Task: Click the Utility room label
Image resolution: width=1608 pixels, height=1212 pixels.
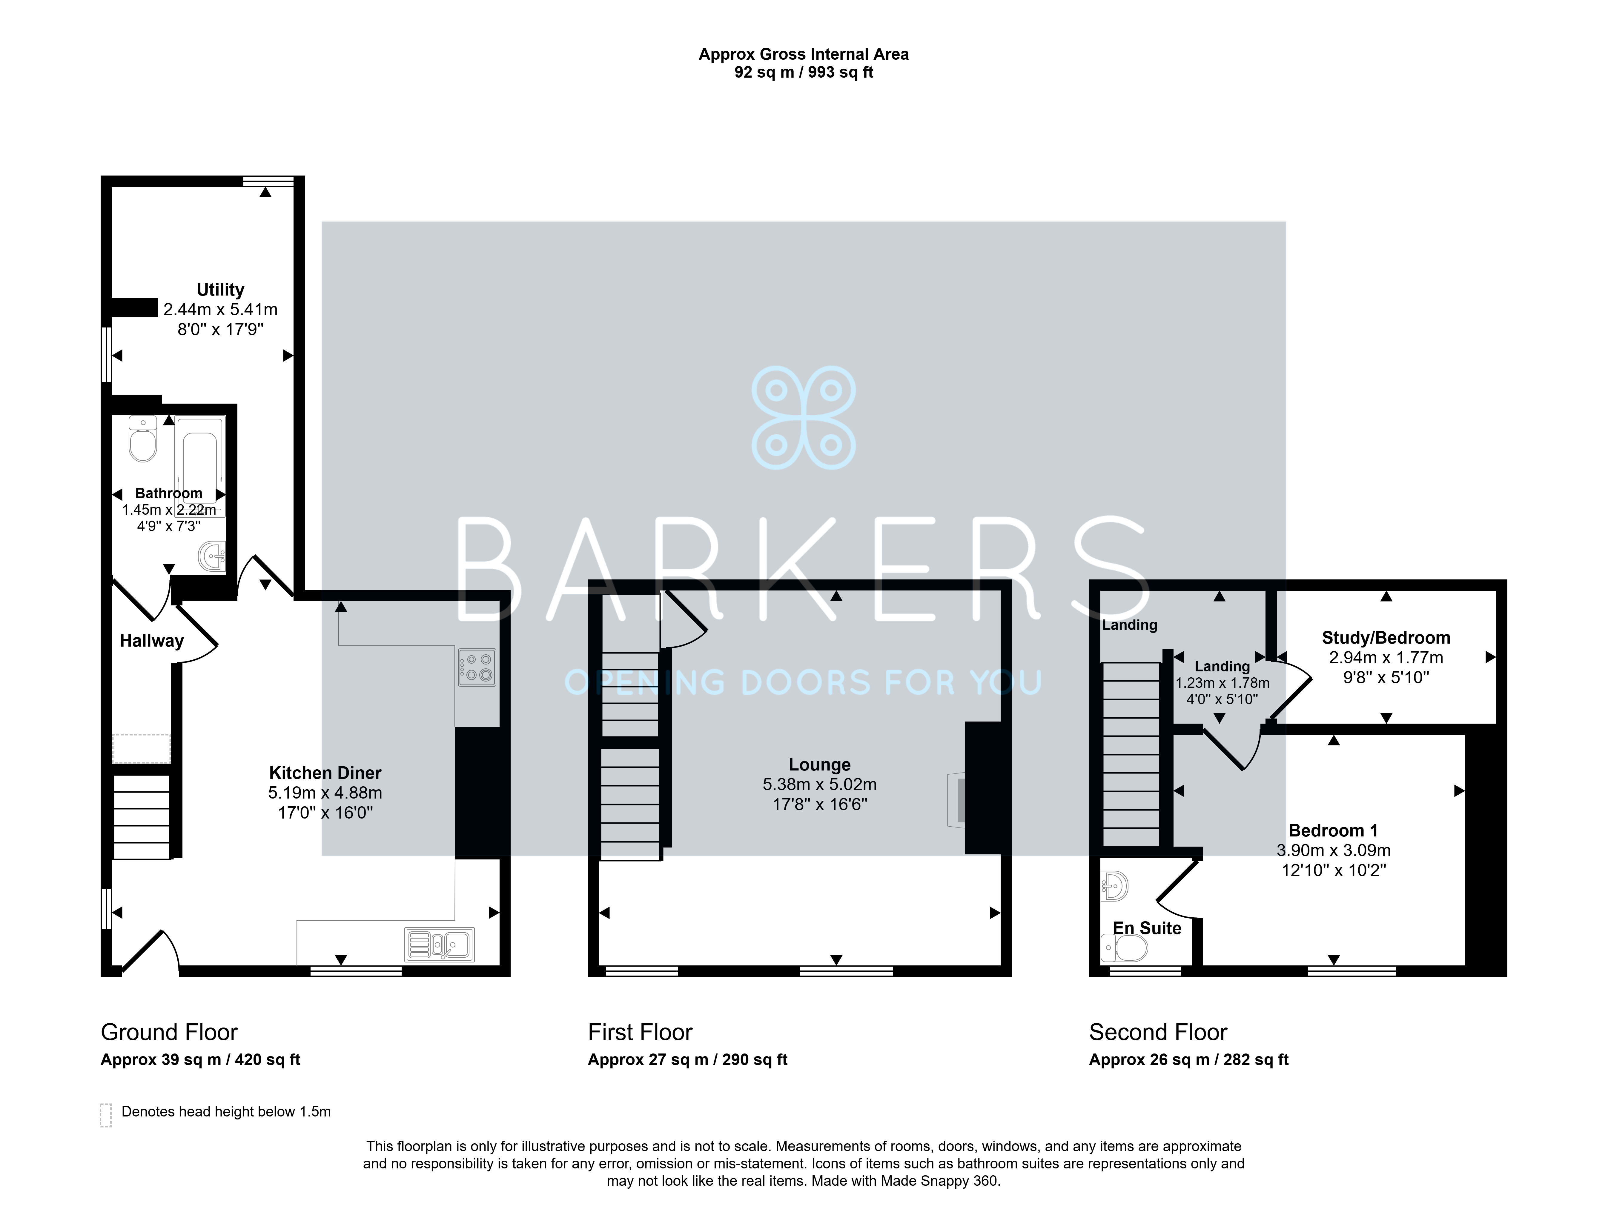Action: (220, 290)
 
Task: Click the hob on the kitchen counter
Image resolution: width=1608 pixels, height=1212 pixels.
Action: (477, 667)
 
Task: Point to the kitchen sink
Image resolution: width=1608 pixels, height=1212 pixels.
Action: (440, 945)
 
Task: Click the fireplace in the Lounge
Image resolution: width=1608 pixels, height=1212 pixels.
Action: (957, 800)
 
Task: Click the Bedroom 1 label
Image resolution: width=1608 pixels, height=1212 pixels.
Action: (1333, 830)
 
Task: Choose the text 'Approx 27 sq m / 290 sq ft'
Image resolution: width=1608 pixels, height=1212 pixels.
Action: (688, 1060)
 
